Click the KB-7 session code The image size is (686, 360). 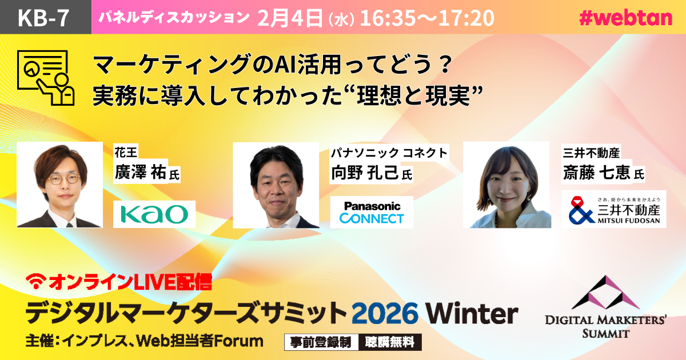(43, 18)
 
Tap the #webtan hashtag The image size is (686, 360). (625, 18)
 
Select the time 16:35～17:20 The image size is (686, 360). (427, 18)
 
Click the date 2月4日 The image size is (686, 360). (290, 18)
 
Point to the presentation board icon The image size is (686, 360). (46, 78)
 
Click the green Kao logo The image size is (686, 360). (154, 214)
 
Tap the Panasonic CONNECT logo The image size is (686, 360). (372, 213)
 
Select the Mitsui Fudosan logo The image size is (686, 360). (614, 210)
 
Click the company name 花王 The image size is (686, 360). (126, 152)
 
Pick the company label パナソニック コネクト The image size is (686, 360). (389, 153)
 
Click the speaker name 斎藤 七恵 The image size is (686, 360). (596, 173)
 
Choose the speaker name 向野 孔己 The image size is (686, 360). (365, 173)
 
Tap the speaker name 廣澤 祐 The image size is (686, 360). (140, 173)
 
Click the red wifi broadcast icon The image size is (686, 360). (36, 281)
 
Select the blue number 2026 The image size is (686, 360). (385, 313)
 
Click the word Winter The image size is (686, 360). (472, 313)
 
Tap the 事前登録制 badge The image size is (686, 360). (321, 342)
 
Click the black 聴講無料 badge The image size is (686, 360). (389, 342)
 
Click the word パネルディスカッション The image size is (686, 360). (174, 17)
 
